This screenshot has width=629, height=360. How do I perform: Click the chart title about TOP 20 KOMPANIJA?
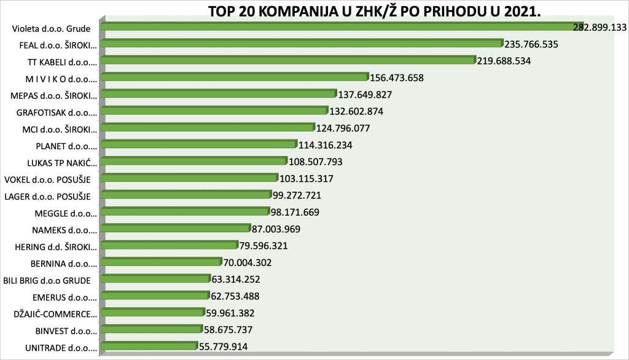pyautogui.click(x=370, y=13)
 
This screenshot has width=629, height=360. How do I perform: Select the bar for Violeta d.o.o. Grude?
pyautogui.click(x=338, y=26)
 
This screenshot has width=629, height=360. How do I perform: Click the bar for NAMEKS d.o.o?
pyautogui.click(x=176, y=229)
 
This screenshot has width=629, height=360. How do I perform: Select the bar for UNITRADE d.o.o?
pyautogui.click(x=149, y=346)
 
